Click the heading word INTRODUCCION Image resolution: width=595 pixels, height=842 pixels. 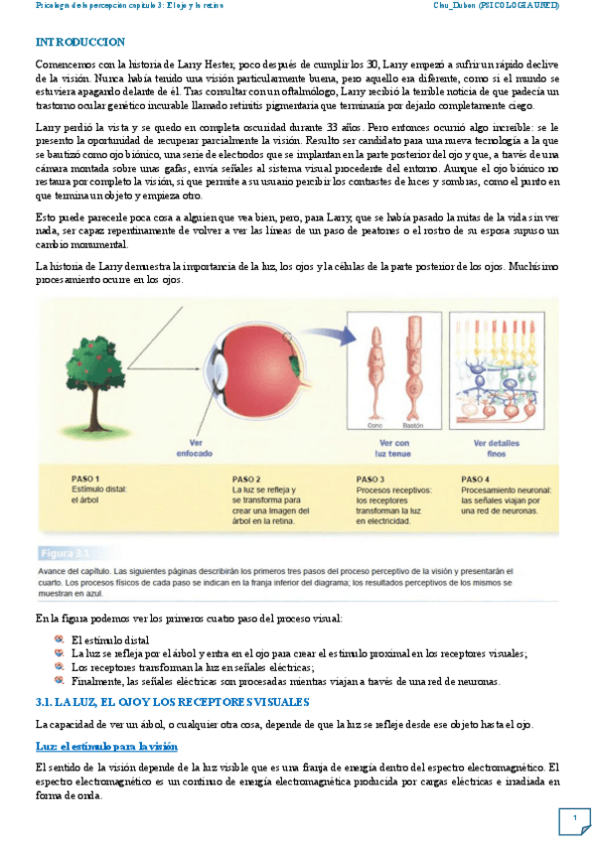[79, 43]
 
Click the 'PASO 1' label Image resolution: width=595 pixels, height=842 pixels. [86, 478]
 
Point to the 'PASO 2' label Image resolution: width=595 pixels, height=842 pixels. [246, 478]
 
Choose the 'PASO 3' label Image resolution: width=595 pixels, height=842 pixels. [370, 478]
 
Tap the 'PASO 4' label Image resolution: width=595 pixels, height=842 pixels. [475, 478]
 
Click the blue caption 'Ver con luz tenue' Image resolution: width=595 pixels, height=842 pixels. [394, 448]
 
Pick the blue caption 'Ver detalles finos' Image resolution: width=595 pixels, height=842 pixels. [496, 448]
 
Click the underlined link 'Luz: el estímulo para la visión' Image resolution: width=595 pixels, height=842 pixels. [106, 745]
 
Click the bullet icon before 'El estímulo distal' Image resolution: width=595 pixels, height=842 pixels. [60, 639]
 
